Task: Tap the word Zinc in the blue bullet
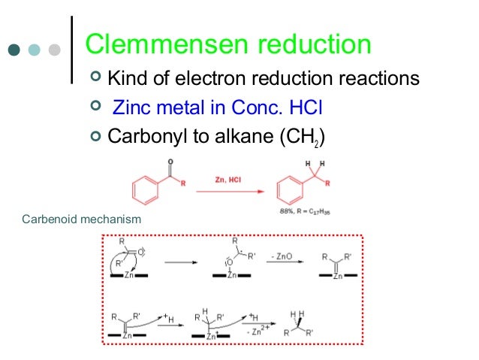[128, 107]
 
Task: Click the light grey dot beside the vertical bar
[54, 51]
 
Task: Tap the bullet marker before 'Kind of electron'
[95, 78]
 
